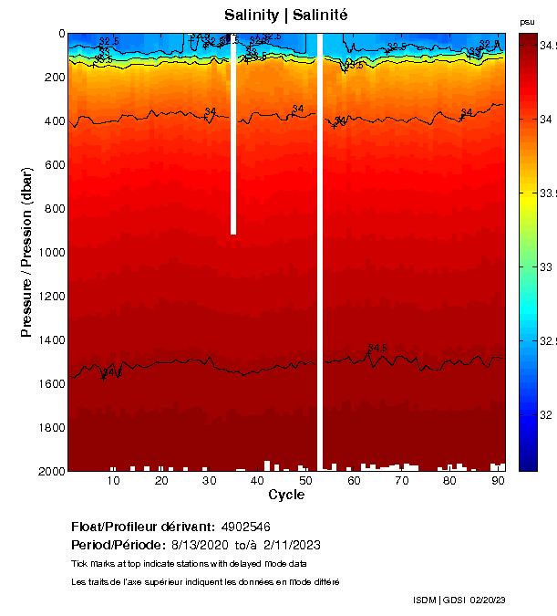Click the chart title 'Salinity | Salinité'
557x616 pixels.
(285, 15)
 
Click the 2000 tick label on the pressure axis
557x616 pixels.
(46, 471)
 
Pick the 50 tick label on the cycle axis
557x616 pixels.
(305, 481)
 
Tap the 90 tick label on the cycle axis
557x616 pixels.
(498, 481)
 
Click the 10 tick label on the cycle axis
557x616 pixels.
(113, 481)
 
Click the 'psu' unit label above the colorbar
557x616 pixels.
(527, 22)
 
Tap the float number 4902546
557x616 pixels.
(244, 527)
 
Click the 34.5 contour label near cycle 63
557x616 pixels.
(377, 348)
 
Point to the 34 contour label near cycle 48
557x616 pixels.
(297, 110)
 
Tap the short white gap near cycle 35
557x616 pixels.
(233, 137)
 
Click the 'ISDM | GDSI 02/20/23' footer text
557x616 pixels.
(459, 600)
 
